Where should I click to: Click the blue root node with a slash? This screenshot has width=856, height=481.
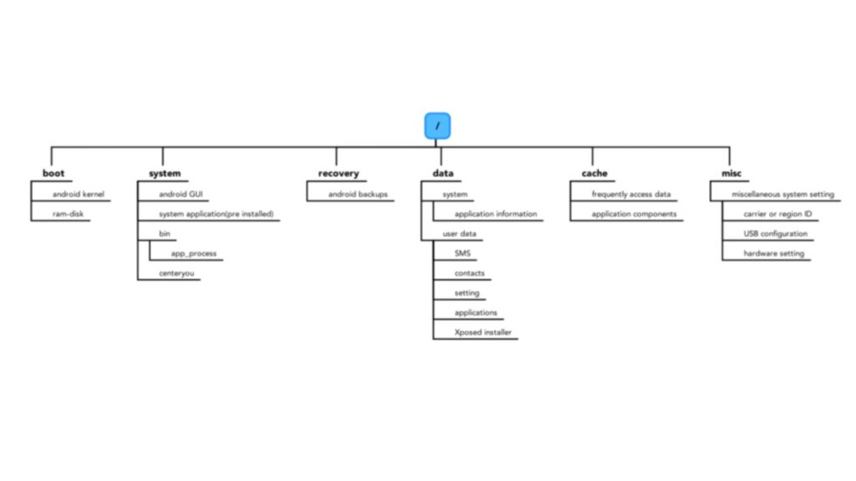click(x=437, y=126)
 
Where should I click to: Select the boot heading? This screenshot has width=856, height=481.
click(x=53, y=174)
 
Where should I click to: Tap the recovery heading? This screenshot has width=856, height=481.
click(x=339, y=174)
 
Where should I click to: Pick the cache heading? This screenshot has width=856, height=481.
click(x=594, y=174)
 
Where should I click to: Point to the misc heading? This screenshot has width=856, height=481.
click(x=731, y=174)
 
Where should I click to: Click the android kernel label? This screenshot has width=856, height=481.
click(x=79, y=195)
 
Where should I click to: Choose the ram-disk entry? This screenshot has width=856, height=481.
click(x=69, y=214)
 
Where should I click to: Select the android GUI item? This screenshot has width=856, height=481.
click(x=181, y=195)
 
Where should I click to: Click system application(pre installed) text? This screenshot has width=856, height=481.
click(x=216, y=214)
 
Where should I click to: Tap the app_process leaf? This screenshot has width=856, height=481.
click(x=194, y=253)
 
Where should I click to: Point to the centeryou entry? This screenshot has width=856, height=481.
click(x=180, y=273)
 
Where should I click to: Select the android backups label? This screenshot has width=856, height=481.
click(x=358, y=195)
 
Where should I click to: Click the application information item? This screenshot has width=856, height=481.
click(x=496, y=214)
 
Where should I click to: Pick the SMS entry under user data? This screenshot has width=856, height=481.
click(x=462, y=253)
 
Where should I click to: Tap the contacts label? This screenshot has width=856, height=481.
click(x=470, y=273)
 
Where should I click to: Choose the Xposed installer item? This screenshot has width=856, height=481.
click(x=482, y=332)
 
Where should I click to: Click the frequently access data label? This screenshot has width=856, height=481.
click(x=631, y=195)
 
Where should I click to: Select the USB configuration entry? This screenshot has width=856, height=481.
click(x=776, y=234)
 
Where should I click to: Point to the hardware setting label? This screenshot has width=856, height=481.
click(x=774, y=253)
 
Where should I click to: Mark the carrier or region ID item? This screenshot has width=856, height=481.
click(x=777, y=214)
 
